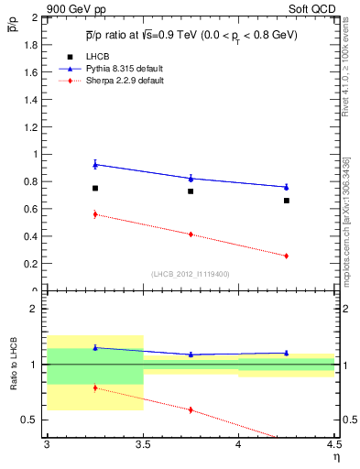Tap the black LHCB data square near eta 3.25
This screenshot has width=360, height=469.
94,189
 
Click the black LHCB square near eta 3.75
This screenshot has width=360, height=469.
191,191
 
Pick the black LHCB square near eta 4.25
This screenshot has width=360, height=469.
287,201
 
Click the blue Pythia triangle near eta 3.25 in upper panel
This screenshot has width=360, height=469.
94,164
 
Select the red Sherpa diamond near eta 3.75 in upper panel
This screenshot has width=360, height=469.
191,234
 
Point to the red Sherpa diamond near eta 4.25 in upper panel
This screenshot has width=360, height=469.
287,256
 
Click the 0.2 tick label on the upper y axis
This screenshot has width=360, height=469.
32,264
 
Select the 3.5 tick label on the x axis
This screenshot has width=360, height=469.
142,443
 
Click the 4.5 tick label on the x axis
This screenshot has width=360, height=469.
333,443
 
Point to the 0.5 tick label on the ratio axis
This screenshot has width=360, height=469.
32,420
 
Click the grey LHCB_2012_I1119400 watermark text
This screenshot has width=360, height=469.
191,274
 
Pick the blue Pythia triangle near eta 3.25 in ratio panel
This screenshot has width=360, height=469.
94,347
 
